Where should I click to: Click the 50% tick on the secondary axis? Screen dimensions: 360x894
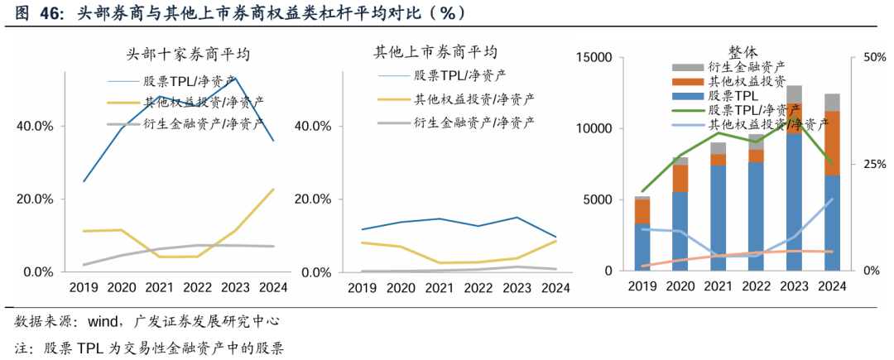874,57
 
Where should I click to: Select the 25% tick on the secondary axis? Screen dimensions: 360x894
874,164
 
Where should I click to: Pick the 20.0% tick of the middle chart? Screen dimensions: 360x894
315,199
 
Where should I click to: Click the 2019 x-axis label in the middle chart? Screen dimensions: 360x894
362,287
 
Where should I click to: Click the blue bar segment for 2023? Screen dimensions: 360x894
793,199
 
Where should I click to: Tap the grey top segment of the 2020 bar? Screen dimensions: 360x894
680,161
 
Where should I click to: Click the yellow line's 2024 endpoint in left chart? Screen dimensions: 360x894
273,190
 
